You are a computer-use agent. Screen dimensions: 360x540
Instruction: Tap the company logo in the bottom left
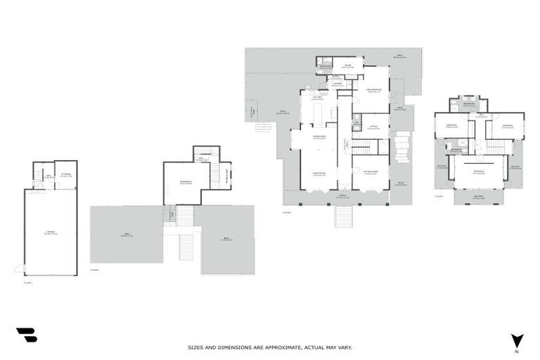27,335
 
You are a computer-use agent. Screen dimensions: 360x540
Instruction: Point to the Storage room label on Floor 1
65,175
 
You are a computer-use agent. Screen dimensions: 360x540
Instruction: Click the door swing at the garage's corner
20,269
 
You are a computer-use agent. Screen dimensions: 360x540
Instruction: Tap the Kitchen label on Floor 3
318,99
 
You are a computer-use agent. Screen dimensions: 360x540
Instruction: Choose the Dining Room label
318,137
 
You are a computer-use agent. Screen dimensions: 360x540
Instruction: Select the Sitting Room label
371,173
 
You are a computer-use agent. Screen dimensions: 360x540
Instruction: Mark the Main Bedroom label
374,89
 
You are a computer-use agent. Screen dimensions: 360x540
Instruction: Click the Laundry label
337,84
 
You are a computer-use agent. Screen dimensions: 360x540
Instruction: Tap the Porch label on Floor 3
342,198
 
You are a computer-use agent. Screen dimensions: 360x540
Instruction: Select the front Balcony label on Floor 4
478,198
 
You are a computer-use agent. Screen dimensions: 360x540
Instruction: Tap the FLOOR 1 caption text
28,283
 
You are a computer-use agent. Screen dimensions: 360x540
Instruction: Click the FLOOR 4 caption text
439,196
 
